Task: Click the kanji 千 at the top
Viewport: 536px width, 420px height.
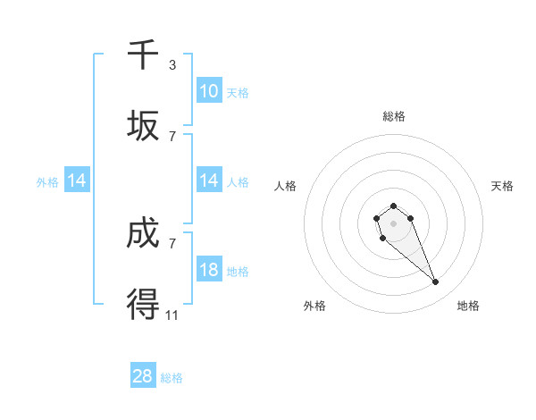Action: [143, 55]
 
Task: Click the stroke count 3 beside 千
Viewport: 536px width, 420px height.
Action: [172, 65]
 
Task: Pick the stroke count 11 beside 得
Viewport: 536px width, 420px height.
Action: [172, 314]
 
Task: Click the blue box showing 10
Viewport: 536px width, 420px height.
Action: [209, 91]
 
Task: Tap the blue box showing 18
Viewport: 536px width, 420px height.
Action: [209, 270]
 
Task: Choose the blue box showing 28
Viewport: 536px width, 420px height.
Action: [143, 376]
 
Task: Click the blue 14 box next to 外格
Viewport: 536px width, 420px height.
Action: [77, 181]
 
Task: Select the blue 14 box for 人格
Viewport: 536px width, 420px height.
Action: [209, 181]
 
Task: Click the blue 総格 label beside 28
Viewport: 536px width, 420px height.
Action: [172, 378]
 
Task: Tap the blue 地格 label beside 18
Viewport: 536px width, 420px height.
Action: [238, 272]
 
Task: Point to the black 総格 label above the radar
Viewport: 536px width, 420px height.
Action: [394, 116]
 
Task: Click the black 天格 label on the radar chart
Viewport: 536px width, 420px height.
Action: [503, 186]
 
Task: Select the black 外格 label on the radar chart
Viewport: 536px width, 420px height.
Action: [314, 306]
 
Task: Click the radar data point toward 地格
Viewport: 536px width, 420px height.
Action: [436, 282]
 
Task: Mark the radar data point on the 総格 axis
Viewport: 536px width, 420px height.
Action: [394, 206]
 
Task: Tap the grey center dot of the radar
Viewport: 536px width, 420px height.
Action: [394, 223]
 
